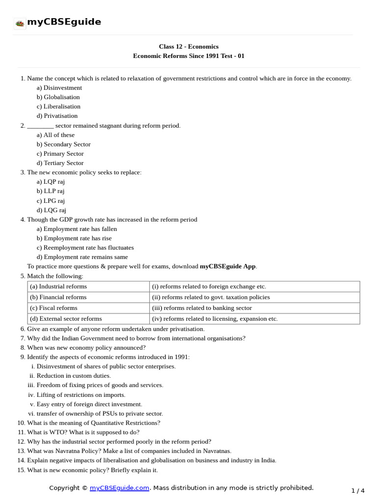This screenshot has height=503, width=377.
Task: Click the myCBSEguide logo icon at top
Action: pos(20,23)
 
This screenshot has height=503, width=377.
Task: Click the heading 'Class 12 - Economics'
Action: pos(188,47)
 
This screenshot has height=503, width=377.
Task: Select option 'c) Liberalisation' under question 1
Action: pos(58,107)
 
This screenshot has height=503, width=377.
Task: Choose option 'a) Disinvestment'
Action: pos(59,88)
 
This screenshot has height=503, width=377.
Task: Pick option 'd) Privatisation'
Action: pos(57,116)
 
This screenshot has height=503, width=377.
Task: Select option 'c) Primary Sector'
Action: pos(60,154)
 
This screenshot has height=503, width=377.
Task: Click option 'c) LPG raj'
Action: pos(51,201)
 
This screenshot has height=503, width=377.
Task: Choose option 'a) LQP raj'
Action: pos(51,182)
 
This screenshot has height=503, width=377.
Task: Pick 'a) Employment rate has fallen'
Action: pos(77,229)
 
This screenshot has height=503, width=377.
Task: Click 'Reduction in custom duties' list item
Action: pos(74,376)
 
